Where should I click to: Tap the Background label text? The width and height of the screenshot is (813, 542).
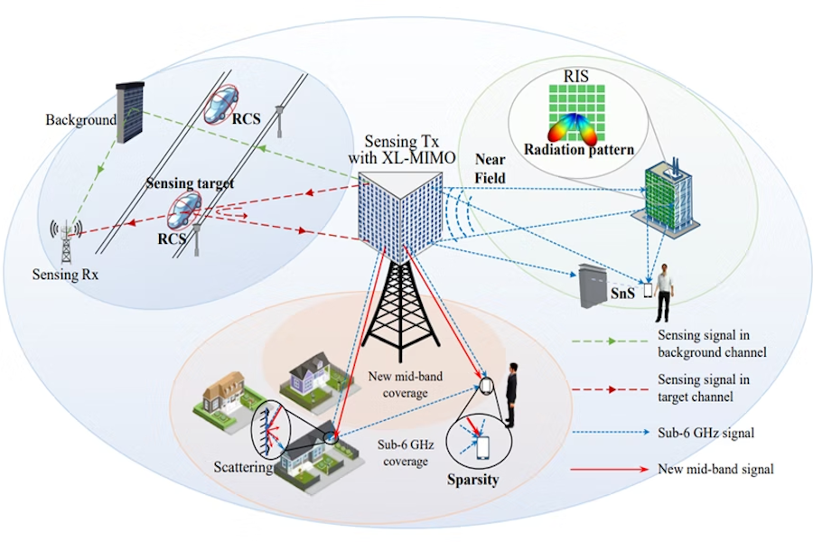point(81,119)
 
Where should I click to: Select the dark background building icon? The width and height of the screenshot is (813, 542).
point(131,112)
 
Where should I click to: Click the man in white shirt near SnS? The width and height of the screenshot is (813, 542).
point(664,290)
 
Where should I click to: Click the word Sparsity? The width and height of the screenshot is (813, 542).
point(472,480)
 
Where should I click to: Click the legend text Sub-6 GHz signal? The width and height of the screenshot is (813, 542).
point(702,433)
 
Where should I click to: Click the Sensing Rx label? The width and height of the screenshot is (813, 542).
point(68,276)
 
